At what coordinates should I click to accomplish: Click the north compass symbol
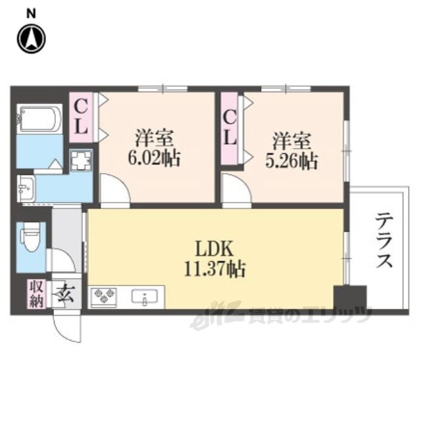click(32, 38)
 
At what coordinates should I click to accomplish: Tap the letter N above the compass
click(31, 14)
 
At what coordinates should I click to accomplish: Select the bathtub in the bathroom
click(39, 118)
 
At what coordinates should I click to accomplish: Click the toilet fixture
click(30, 237)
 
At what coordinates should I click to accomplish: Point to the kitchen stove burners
click(104, 297)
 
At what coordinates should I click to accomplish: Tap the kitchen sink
click(145, 297)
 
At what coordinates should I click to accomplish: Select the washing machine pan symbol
click(81, 161)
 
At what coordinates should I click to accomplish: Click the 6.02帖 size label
click(153, 159)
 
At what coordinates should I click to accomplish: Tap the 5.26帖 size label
click(292, 162)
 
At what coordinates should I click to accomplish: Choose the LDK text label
click(214, 249)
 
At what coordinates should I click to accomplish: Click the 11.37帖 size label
click(215, 269)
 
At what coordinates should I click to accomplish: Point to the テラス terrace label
click(384, 240)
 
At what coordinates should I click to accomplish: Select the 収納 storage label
click(37, 294)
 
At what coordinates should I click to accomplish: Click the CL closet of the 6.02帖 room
click(81, 117)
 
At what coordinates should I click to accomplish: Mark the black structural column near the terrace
click(350, 297)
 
